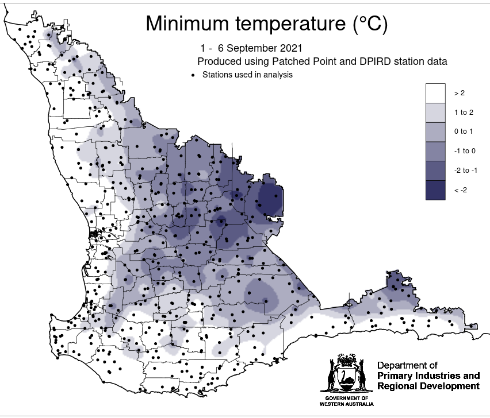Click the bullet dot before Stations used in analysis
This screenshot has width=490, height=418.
tap(193, 75)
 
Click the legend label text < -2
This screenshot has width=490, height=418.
tap(460, 190)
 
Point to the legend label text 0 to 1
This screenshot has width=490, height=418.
tap(463, 132)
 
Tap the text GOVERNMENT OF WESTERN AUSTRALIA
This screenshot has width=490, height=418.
tap(346, 401)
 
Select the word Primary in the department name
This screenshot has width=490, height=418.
tap(395, 376)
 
